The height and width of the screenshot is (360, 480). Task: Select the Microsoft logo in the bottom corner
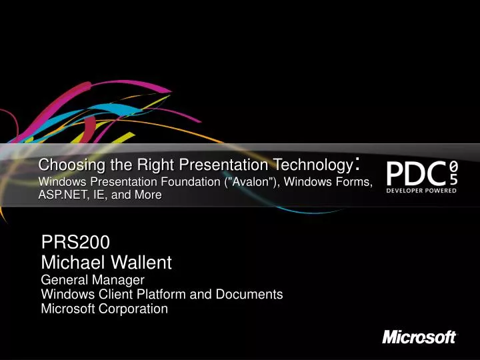tap(419, 337)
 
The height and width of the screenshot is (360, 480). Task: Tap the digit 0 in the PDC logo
tap(453, 165)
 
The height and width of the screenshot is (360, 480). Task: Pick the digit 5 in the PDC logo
tap(453, 178)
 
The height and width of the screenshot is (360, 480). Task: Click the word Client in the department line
tap(109, 295)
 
